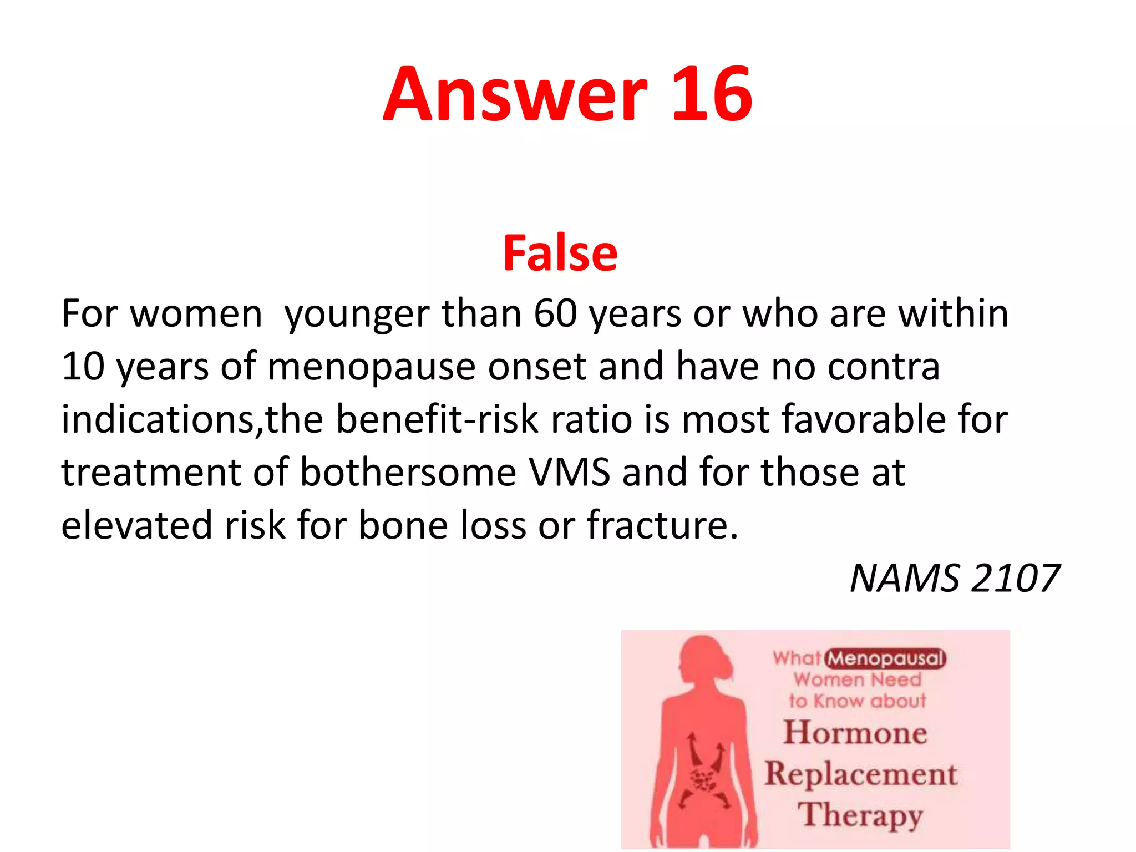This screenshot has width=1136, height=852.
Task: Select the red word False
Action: tap(560, 253)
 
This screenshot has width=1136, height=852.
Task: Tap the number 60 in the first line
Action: tap(555, 314)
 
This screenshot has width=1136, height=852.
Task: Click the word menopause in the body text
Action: tap(371, 367)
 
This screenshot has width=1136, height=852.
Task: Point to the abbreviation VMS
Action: tap(569, 472)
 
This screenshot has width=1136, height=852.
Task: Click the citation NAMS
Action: tap(904, 578)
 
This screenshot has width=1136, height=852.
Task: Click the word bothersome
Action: tap(408, 472)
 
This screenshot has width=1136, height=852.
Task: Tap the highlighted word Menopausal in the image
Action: tap(885, 659)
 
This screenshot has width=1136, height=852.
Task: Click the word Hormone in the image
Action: tap(855, 732)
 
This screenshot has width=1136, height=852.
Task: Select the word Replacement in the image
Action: tap(861, 774)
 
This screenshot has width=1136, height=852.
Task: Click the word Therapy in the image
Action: tap(860, 815)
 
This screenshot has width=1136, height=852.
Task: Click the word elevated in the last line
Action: tap(136, 525)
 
